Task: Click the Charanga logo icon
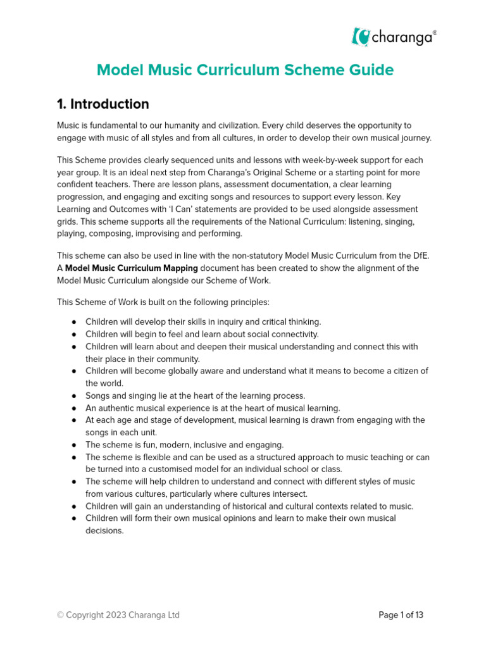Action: (x=361, y=37)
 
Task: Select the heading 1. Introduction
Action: (x=103, y=104)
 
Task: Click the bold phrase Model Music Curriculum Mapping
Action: (x=132, y=268)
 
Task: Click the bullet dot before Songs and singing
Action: (x=74, y=396)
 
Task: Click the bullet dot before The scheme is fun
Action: (x=74, y=445)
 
